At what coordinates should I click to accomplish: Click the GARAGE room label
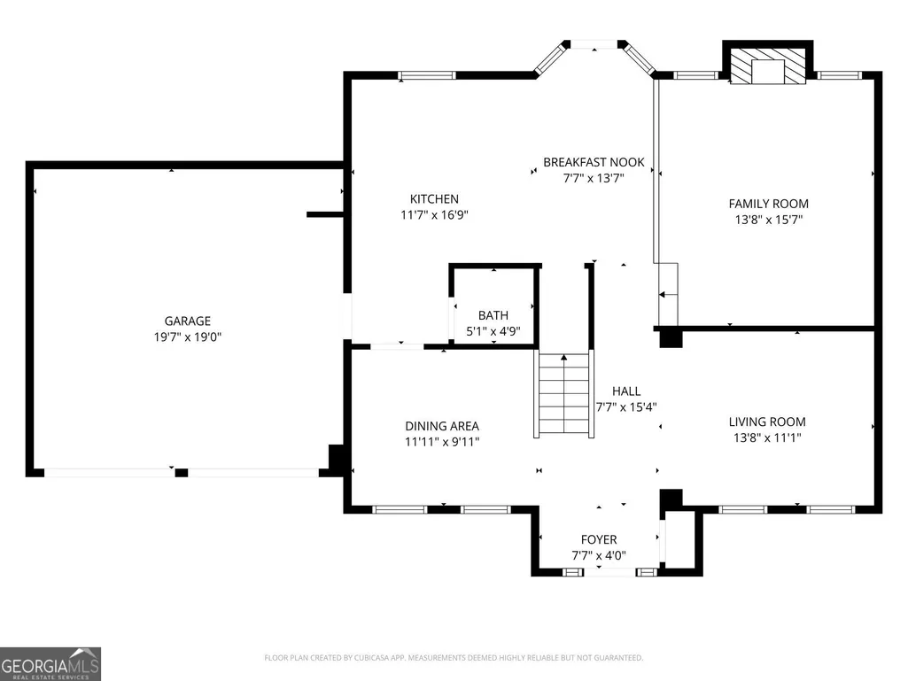[x=187, y=321]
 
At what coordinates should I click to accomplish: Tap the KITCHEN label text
[x=434, y=198]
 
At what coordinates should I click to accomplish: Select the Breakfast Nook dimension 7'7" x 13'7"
[x=594, y=178]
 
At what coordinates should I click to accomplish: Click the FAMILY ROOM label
[x=768, y=204]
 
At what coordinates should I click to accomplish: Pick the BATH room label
[x=493, y=315]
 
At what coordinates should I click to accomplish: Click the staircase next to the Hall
[x=563, y=395]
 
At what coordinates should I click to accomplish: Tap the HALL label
[x=626, y=391]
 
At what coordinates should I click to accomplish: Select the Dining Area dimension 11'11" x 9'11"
[x=442, y=442]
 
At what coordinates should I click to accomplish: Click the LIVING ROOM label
[x=767, y=422]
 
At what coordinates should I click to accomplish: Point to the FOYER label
[x=599, y=539]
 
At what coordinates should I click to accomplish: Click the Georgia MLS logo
[x=50, y=664]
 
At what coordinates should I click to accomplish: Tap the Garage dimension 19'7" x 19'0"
[x=188, y=337]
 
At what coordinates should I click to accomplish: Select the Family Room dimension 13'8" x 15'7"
[x=768, y=220]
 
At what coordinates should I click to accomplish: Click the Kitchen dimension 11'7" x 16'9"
[x=434, y=215]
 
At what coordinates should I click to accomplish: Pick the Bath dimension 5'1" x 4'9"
[x=493, y=331]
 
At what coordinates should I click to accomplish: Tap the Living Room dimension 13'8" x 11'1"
[x=767, y=437]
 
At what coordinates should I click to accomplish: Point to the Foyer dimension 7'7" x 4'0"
[x=599, y=555]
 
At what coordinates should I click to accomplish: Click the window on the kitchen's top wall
[x=427, y=75]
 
